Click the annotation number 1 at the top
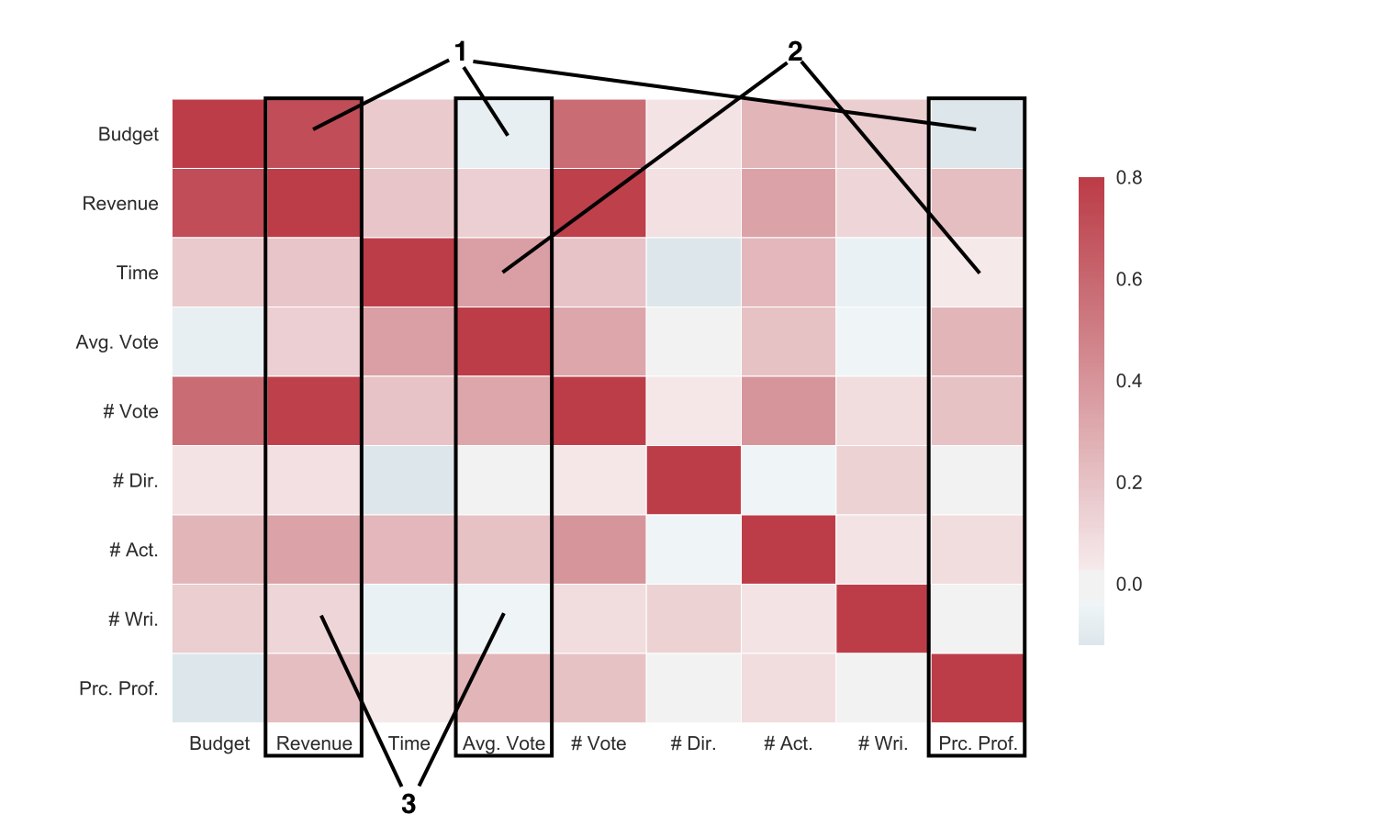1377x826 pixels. coord(461,52)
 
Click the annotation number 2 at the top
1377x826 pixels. coord(795,51)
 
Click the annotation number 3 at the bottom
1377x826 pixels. coord(409,804)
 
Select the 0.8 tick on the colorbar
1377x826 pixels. coord(1129,178)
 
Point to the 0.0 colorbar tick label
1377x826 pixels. coord(1129,585)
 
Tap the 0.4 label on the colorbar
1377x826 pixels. coord(1129,381)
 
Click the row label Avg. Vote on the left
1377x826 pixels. coord(118,342)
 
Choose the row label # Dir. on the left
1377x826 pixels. coord(135,481)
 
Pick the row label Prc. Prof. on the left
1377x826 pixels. coord(118,688)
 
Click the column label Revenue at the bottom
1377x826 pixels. coord(314,743)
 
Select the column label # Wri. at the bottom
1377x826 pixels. coord(882,743)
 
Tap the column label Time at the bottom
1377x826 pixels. coord(409,743)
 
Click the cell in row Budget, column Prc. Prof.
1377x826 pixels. coord(977,134)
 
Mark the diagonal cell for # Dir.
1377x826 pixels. coord(693,481)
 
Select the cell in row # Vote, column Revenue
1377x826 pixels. coord(314,411)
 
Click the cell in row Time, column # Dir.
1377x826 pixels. coord(693,273)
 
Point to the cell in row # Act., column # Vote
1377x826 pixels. coord(599,550)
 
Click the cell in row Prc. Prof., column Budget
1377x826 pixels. coord(219,688)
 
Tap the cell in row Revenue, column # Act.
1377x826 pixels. coord(788,203)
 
